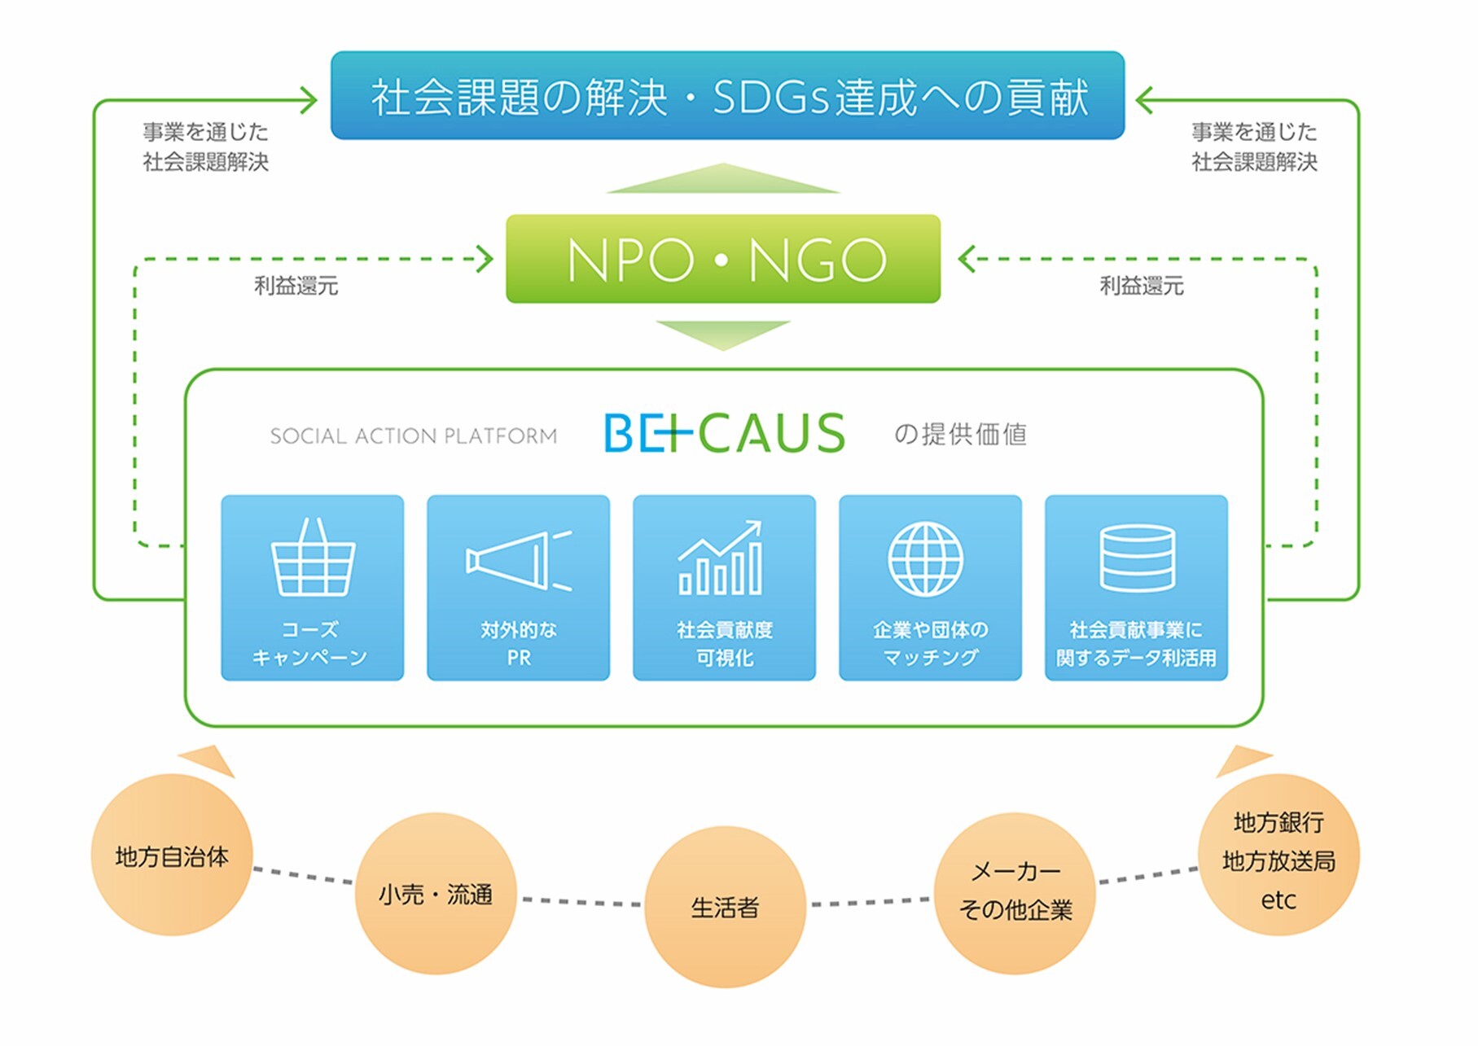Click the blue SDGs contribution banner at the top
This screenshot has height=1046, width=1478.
pos(727,95)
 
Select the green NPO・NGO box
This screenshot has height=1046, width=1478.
pos(723,259)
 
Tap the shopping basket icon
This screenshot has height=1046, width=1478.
pos(313,558)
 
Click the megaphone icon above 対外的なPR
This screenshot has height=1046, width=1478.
pos(519,560)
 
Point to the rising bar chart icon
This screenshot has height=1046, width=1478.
pos(721,558)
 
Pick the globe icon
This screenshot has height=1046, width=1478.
pos(926,559)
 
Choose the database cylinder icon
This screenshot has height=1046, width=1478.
pos(1137,558)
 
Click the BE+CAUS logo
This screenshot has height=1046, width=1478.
pos(725,433)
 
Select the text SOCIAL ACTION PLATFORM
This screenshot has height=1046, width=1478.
pos(414,436)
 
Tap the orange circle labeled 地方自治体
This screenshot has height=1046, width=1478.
pos(172,855)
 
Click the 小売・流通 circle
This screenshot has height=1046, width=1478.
pos(436,894)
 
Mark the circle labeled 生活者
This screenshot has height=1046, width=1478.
pos(725,907)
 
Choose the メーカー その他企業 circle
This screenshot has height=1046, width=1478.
pos(1015,893)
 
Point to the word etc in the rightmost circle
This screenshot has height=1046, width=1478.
pos(1278,900)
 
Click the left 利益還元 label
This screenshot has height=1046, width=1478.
pos(296,286)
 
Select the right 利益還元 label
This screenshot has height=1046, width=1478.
pos(1142,286)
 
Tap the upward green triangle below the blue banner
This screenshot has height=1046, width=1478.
pos(723,178)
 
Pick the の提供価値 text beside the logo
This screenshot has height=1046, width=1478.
pos(960,435)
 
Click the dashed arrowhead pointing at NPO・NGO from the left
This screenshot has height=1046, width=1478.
pos(486,260)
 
